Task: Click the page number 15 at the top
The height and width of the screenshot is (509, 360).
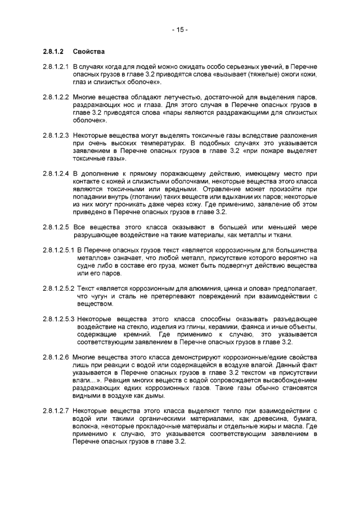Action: [x=180, y=30]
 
